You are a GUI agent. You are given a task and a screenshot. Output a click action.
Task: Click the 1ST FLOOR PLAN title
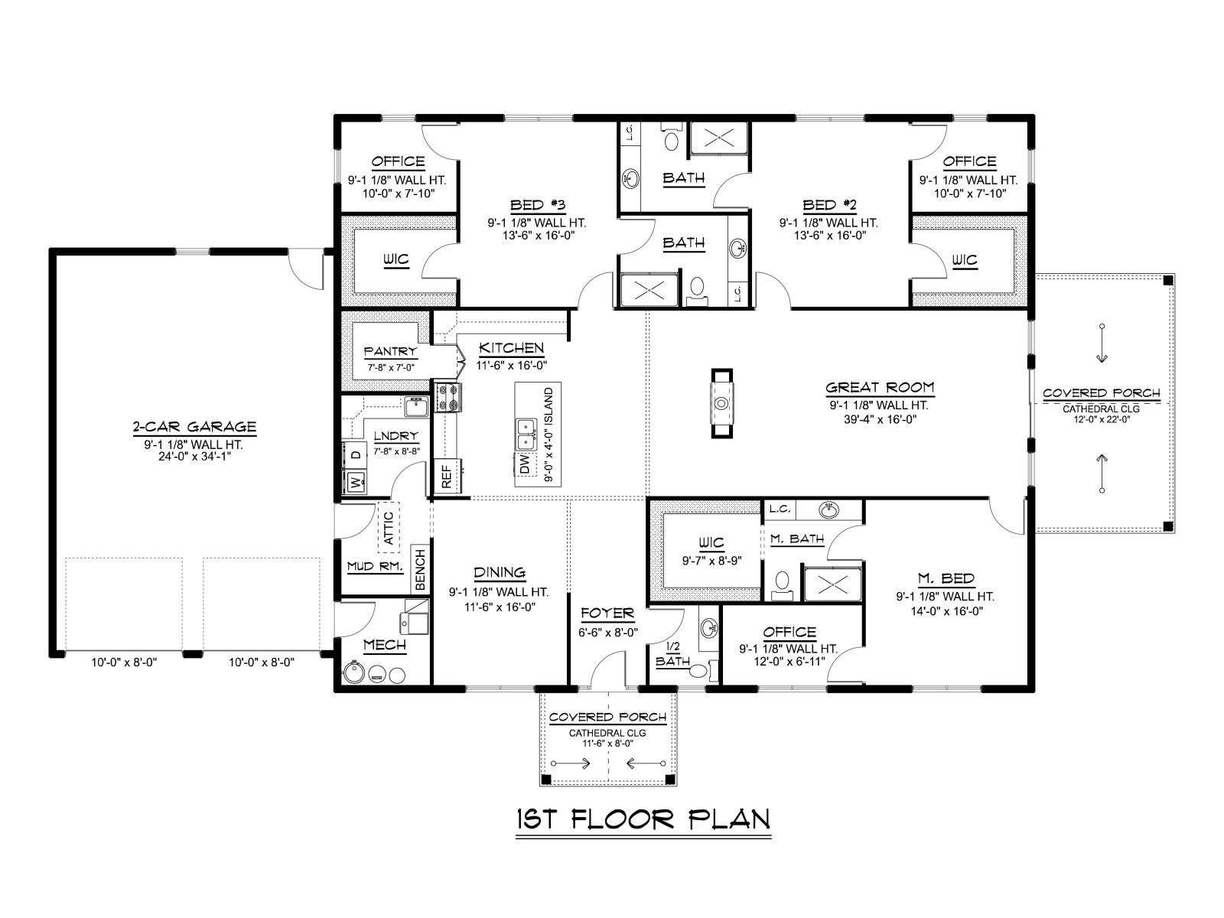coord(643,820)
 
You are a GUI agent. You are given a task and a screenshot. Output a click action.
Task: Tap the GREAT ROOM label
coord(880,387)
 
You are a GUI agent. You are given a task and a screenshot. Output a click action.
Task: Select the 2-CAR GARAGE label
coord(194,427)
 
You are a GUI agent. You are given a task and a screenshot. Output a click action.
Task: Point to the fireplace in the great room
coord(721,403)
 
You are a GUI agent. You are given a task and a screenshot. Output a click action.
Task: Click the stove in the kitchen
coord(448,397)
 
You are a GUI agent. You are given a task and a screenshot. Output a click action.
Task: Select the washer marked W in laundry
coord(356,482)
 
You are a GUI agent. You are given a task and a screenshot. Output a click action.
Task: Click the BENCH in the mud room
coord(421,569)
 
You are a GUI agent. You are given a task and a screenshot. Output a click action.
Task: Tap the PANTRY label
coord(390,352)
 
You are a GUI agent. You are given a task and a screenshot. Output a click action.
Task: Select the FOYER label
coord(607,614)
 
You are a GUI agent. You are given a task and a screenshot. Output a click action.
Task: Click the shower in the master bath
coord(832,584)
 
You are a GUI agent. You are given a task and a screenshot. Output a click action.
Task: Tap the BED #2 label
coord(829,205)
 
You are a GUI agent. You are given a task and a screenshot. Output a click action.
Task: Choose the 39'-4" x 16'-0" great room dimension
coord(880,419)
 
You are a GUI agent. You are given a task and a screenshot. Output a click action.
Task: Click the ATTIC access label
coord(389,527)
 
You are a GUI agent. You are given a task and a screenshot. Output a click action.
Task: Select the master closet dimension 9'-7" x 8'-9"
coord(711,561)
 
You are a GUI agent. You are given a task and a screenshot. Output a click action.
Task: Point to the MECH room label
coord(385,646)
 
